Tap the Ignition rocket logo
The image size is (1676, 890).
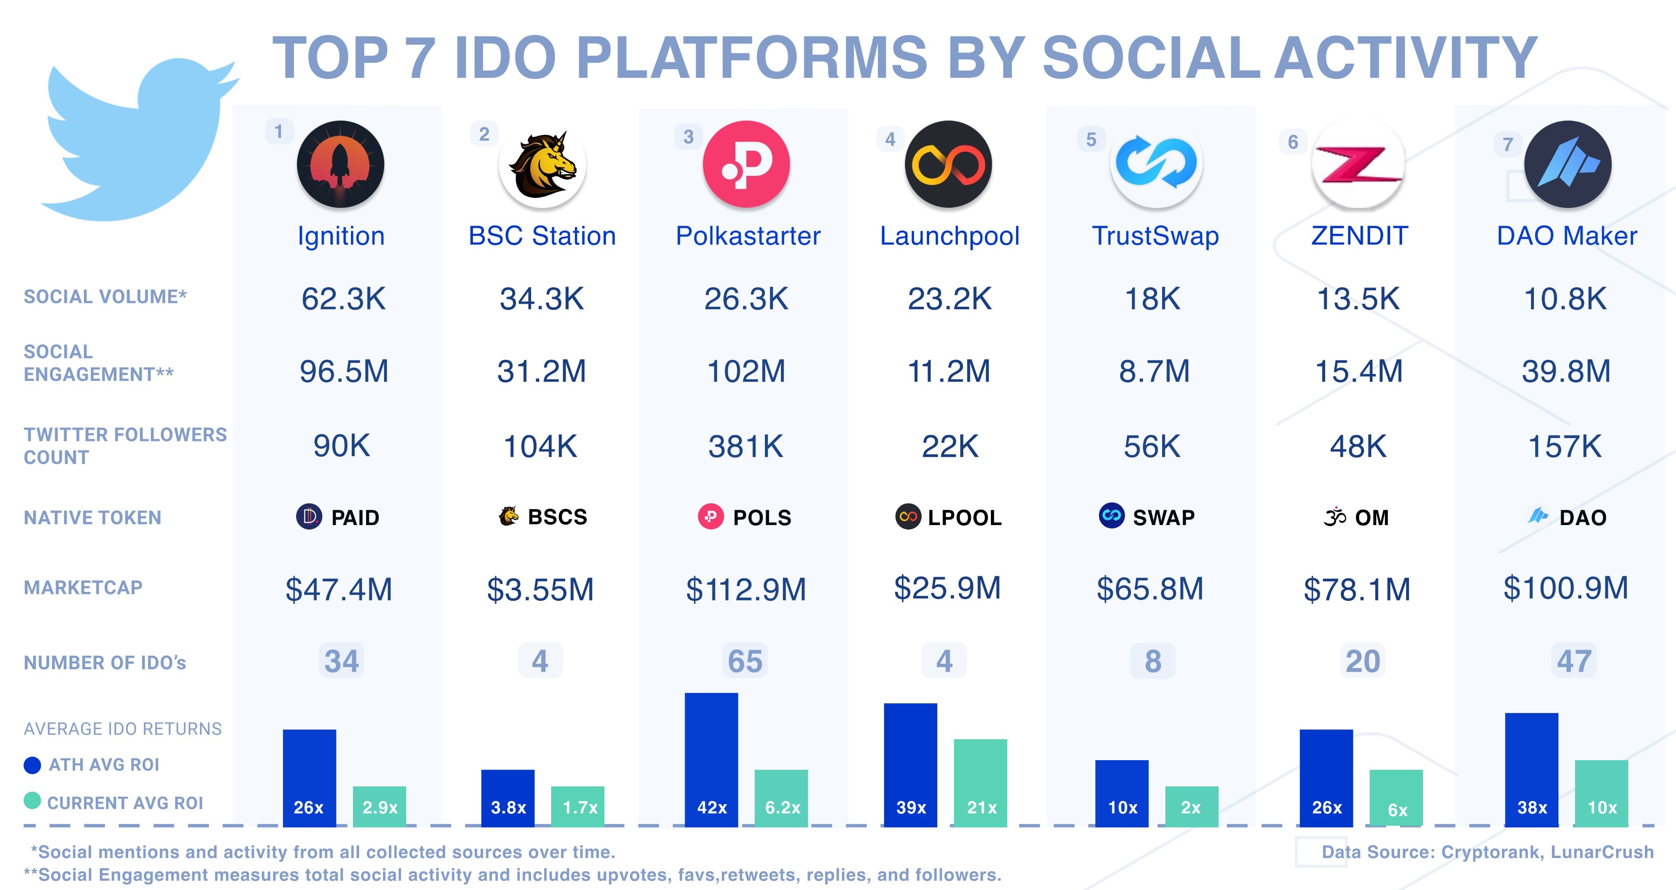340,164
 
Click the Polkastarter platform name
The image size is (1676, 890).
748,236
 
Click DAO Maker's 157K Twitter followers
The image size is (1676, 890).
1564,446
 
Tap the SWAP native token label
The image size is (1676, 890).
1163,517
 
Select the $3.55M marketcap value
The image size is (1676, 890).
540,589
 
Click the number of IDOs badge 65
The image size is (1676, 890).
745,661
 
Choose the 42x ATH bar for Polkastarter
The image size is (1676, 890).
711,760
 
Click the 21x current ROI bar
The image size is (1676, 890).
980,783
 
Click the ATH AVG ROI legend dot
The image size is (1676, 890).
32,765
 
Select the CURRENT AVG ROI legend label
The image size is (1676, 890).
125,803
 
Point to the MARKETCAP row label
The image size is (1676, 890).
83,587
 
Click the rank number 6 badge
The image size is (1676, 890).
1292,142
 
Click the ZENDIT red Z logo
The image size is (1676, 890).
1358,164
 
